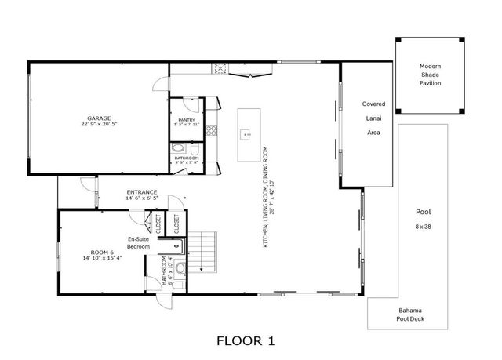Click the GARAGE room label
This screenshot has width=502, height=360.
98,118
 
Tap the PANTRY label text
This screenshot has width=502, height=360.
187,120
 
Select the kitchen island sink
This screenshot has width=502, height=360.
248,135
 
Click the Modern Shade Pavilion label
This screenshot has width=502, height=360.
430,75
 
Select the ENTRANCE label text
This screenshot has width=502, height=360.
142,192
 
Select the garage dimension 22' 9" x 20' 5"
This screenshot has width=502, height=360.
99,124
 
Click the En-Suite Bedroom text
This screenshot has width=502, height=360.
139,242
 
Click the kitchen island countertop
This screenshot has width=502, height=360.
248,124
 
